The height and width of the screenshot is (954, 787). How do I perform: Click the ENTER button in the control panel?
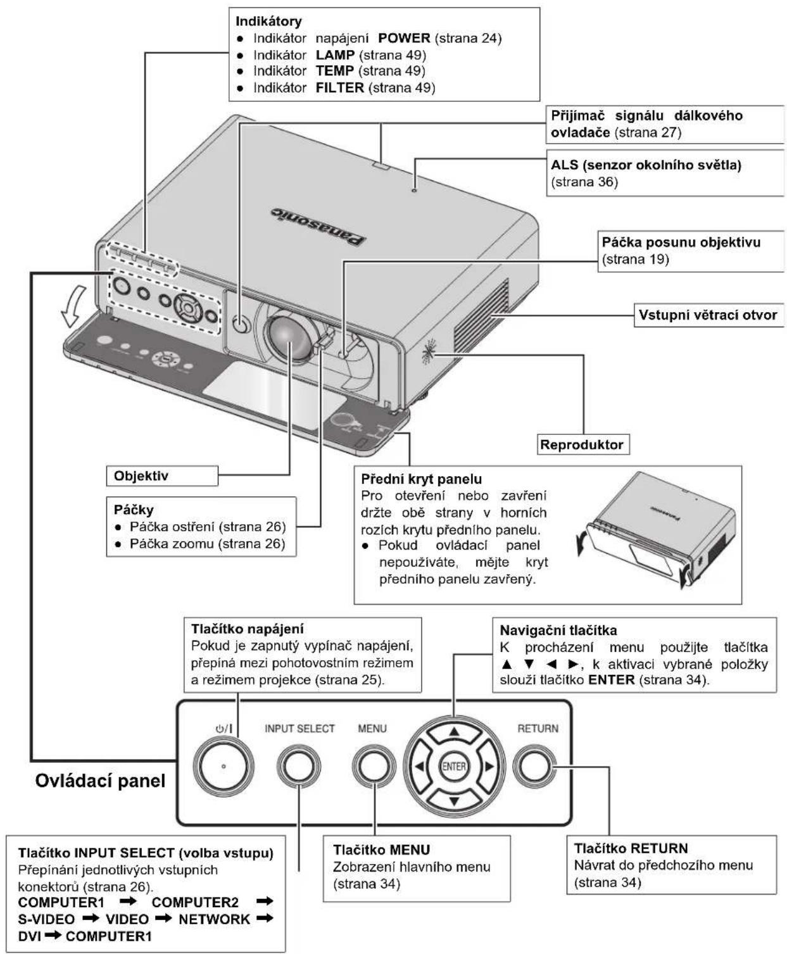pos(453,767)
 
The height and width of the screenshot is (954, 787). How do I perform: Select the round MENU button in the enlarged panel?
pos(374,767)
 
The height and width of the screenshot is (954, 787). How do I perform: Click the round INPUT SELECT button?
pos(298,767)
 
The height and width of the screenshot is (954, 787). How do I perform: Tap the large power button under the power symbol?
pos(223,766)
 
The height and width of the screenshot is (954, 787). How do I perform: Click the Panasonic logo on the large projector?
pos(318,227)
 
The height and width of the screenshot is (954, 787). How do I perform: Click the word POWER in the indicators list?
pos(404,38)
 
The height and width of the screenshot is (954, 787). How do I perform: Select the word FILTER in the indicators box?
pos(339,87)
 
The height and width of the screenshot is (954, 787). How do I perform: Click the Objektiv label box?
pos(162,476)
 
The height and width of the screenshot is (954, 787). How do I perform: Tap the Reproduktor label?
pos(582,444)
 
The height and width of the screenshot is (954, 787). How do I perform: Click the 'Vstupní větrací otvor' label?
pos(708,315)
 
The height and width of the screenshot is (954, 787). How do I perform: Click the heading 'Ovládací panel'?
pos(100,781)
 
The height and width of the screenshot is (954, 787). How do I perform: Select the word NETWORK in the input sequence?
pos(215,919)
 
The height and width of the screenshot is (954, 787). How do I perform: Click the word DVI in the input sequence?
pos(29,936)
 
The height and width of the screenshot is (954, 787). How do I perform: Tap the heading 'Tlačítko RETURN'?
pos(631,848)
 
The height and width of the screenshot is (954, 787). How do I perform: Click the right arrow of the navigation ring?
pos(489,767)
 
